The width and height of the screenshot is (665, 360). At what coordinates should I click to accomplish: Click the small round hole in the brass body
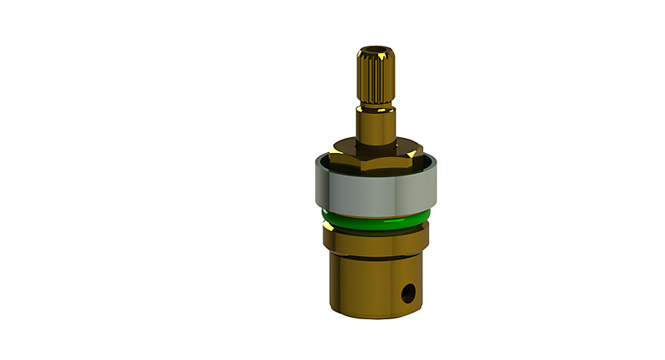(x=408, y=293)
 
